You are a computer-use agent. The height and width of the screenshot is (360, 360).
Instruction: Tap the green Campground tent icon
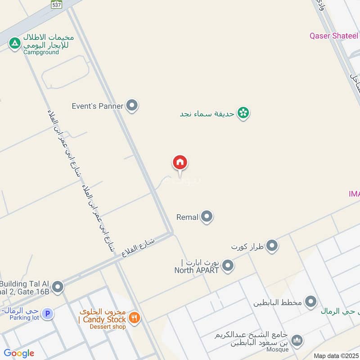coord(15,43)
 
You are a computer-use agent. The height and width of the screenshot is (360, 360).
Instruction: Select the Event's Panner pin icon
coord(132,106)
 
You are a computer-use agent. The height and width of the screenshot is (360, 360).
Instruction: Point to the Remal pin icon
coord(207,217)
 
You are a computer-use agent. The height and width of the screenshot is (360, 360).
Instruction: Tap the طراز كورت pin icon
coord(272,246)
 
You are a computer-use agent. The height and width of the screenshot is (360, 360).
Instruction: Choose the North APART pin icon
coord(228,265)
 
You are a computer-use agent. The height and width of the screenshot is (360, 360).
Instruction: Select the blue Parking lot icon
coord(47,313)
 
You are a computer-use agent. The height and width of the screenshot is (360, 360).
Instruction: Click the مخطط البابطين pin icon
coord(310,302)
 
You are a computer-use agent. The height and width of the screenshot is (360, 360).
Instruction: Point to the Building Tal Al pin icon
coord(58,287)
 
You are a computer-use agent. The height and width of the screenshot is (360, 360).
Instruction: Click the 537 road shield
coord(56,5)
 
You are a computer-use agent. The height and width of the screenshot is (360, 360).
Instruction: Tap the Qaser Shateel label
coord(333,36)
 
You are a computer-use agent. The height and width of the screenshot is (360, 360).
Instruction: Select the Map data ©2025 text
coord(335,355)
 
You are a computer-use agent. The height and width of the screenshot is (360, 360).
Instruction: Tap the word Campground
coord(41,52)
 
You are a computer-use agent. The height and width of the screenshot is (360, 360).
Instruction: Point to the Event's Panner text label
coord(97,106)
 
